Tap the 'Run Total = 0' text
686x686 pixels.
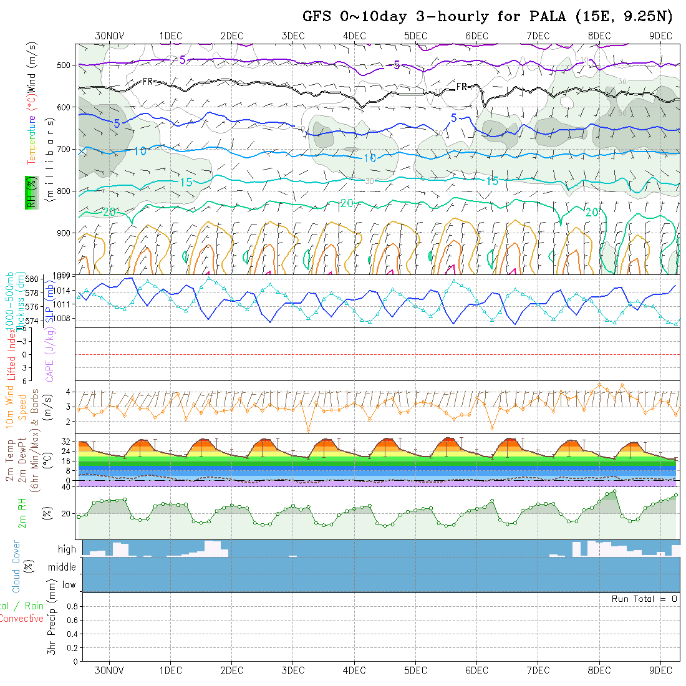644,599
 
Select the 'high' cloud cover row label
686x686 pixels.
67,549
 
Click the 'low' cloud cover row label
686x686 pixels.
69,585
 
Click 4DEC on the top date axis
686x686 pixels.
354,36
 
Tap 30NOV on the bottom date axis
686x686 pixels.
110,670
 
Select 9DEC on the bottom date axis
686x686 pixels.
661,670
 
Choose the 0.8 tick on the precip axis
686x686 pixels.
70,606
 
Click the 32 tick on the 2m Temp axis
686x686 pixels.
67,440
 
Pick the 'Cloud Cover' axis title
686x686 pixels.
16,566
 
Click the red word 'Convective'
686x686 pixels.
22,619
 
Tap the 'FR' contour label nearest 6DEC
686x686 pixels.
462,87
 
